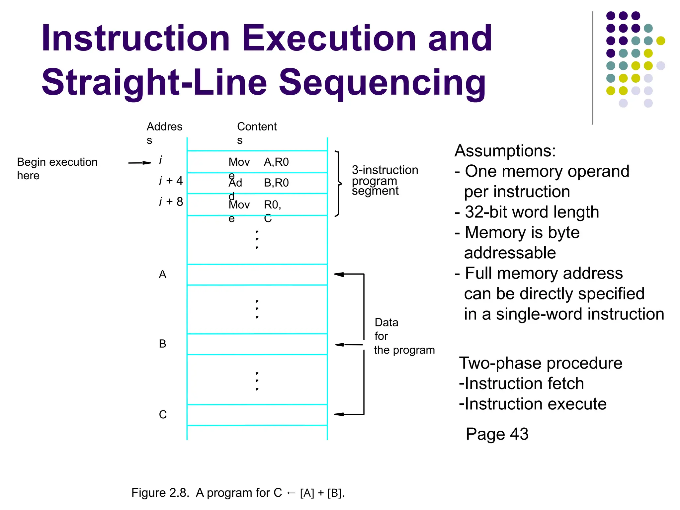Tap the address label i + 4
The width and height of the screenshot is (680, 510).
[171, 181]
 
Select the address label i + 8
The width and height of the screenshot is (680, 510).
[171, 202]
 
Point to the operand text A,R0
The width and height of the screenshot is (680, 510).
[276, 162]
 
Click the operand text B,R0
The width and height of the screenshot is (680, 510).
[276, 183]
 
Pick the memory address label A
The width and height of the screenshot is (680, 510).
[162, 274]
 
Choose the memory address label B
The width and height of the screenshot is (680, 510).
[162, 344]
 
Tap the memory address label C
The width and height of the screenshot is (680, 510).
[163, 414]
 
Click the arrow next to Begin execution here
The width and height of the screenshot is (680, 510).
[139, 163]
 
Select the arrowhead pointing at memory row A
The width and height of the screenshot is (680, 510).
[339, 274]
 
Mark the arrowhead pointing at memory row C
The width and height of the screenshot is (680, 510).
[339, 414]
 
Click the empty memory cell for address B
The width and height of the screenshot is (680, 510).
[257, 344]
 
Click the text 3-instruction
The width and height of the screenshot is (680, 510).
[385, 170]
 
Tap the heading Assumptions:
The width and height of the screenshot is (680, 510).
[505, 151]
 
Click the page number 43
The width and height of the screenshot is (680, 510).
[519, 434]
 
